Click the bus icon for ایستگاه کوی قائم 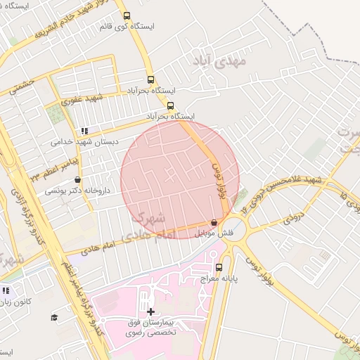coord(127,15)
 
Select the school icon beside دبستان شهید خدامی coord(85,131)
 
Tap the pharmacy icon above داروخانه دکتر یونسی coord(77,180)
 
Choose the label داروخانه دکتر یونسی coord(75,191)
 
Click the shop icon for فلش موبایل coord(214,222)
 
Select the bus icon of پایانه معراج coord(219,267)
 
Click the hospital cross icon coord(150,311)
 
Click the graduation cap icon coord(54,317)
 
